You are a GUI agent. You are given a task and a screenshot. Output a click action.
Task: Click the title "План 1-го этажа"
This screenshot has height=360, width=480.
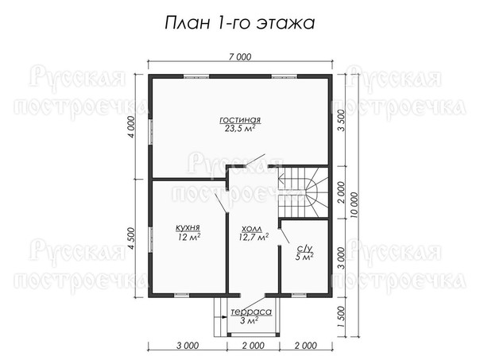point(240,23)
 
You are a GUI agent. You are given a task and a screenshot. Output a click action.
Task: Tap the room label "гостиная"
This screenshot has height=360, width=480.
point(240,119)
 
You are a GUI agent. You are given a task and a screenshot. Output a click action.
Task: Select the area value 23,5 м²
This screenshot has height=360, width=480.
point(240,128)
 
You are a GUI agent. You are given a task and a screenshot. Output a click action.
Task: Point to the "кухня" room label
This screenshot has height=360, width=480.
point(188,228)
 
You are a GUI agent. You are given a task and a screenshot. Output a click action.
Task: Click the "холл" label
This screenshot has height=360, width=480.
point(252,229)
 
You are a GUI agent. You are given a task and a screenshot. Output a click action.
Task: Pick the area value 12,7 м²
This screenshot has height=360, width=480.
point(254,237)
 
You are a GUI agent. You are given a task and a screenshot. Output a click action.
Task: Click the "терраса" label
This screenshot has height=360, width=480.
point(251,312)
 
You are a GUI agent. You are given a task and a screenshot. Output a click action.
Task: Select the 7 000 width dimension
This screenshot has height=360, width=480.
point(240,57)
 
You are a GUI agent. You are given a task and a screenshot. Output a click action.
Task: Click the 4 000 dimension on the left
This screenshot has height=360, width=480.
point(131,126)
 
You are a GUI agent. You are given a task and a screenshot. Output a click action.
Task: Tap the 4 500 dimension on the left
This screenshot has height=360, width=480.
point(131,238)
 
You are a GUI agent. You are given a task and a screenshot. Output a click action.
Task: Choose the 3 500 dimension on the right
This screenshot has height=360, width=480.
point(341,120)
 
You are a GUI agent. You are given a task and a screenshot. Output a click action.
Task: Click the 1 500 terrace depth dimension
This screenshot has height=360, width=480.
point(341,317)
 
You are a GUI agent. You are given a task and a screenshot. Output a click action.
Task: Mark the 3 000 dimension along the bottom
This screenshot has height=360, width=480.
point(188,346)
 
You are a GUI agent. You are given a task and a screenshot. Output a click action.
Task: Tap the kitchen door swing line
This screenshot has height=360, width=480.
point(221,203)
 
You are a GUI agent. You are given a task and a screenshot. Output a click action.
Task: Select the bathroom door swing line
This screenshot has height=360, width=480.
point(284,236)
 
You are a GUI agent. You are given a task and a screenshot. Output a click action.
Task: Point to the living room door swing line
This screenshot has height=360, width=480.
point(255,160)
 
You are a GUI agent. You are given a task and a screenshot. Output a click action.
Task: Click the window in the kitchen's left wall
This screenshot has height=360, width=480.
point(150,239)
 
